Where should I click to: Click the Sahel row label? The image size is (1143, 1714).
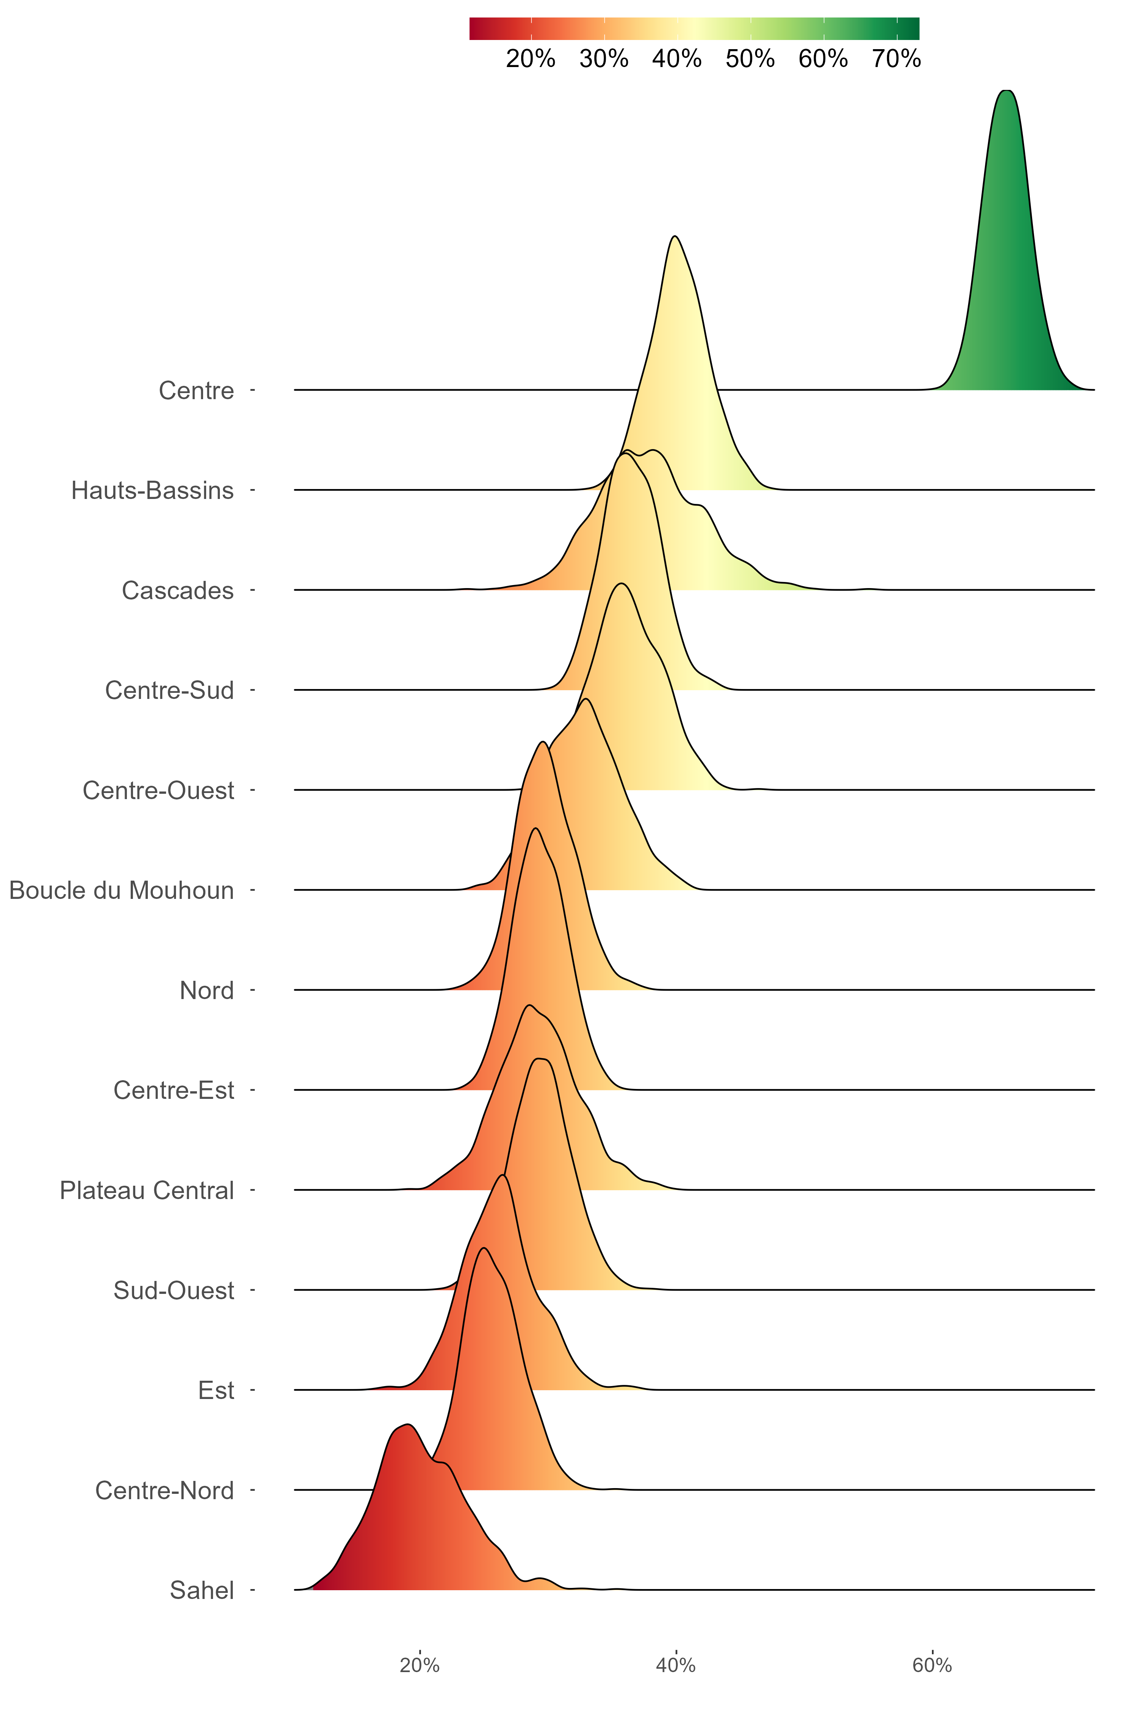[202, 1590]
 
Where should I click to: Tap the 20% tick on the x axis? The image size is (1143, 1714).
[420, 1666]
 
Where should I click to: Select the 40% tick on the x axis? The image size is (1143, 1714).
[677, 1666]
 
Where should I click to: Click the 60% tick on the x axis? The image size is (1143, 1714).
[932, 1666]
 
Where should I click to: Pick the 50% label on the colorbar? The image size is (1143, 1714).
[750, 58]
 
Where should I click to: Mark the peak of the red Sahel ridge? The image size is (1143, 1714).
[407, 1424]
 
